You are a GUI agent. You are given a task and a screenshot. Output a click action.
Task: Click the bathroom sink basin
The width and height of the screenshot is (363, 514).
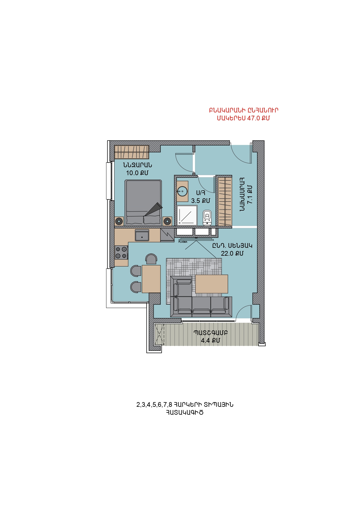point(182,192)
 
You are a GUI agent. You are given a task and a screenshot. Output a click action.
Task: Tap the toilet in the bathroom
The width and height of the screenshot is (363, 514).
point(207,218)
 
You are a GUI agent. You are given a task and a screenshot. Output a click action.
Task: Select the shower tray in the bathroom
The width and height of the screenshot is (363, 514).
point(187,216)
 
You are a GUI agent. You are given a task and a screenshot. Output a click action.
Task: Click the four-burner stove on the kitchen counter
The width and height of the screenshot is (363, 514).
point(121,252)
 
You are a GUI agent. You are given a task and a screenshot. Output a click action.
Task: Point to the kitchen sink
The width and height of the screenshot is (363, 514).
point(142,235)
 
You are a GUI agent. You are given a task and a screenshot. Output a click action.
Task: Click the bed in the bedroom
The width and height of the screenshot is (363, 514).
point(143,203)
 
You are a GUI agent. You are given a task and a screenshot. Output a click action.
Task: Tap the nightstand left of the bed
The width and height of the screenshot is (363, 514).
point(119,221)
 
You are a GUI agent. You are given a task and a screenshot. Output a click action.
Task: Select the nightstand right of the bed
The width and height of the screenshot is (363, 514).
point(167,221)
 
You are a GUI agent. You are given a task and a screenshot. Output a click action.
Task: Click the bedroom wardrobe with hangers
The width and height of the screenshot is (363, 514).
point(132,152)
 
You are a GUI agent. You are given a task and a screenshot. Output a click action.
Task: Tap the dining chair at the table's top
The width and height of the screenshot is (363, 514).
point(151,259)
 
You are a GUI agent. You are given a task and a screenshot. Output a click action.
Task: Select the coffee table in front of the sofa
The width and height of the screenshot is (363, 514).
point(212,284)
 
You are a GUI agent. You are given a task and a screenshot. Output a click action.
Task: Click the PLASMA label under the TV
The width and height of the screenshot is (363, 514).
point(183,242)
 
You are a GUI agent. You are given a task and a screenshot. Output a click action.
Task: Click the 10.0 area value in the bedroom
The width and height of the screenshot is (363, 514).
point(132,173)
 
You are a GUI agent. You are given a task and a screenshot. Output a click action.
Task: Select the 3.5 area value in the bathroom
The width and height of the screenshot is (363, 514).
point(196,201)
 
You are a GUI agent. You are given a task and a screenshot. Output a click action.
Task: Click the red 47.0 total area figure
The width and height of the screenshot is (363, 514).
point(254,118)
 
